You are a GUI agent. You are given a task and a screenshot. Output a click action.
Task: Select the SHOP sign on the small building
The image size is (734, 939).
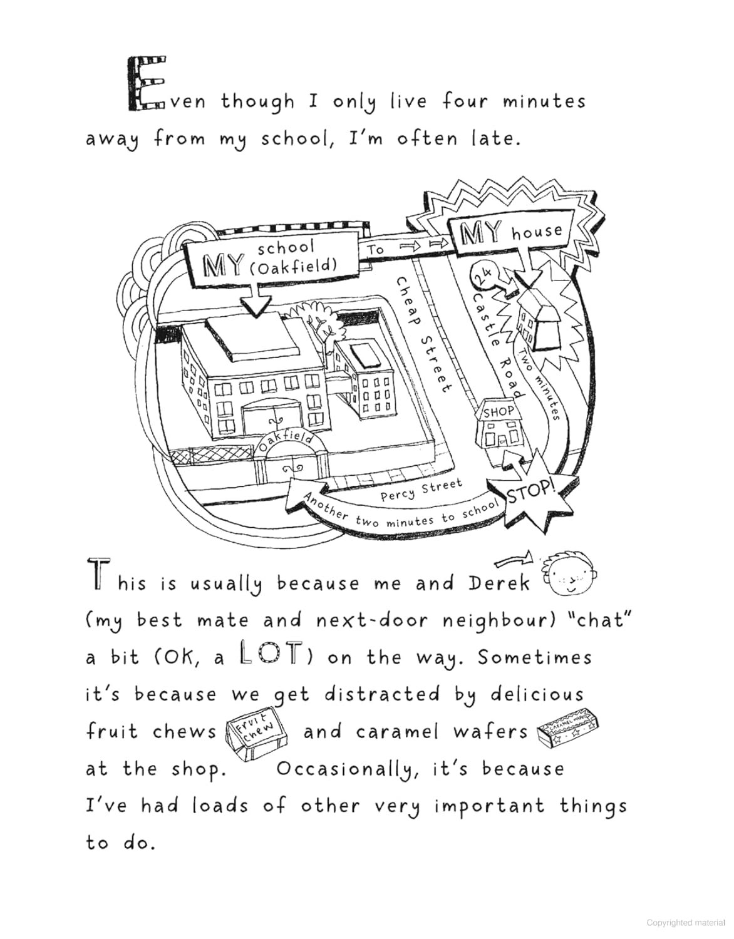point(499,411)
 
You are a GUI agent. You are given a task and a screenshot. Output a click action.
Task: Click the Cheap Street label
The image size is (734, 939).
point(421,336)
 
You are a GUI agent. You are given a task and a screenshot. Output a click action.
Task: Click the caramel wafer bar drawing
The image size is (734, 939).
point(569,732)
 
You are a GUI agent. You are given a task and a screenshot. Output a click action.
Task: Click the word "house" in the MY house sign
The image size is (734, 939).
point(537,233)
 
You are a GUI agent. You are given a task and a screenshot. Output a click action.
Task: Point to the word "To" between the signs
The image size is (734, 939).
point(376,250)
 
